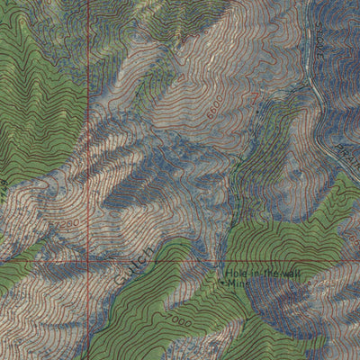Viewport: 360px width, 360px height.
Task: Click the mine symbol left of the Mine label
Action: pos(221,282)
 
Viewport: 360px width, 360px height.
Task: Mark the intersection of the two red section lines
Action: pos(89,262)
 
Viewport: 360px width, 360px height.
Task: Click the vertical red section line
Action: pos(89,135)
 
